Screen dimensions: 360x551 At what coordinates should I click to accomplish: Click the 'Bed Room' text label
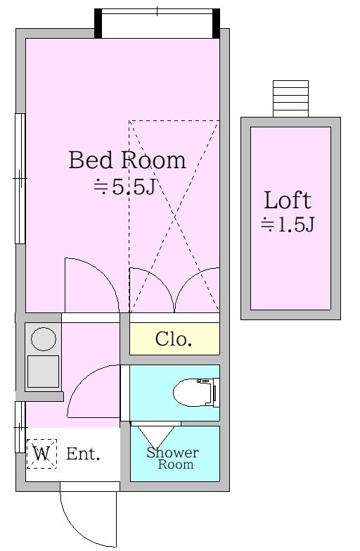point(127,160)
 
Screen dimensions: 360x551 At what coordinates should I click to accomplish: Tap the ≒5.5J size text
point(124,187)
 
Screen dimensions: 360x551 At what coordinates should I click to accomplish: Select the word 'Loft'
point(288,201)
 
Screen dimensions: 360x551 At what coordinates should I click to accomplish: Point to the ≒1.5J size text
point(288,224)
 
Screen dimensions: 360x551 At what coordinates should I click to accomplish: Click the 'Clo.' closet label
point(174,339)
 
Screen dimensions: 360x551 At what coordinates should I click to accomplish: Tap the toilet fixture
point(196,392)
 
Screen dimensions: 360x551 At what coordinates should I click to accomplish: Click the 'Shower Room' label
point(172,458)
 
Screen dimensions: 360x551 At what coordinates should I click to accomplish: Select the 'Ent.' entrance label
point(83,454)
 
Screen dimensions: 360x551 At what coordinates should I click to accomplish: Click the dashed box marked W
point(41,454)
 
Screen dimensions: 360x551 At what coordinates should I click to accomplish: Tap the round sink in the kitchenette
point(44,339)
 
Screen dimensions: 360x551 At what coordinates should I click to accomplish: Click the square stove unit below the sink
point(43,372)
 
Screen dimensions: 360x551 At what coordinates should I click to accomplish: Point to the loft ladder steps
point(291,99)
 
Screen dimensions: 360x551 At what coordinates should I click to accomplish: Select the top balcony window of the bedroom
point(157,23)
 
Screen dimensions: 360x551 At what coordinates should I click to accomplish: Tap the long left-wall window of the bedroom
point(20,179)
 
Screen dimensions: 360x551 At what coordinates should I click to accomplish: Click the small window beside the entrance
point(20,427)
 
